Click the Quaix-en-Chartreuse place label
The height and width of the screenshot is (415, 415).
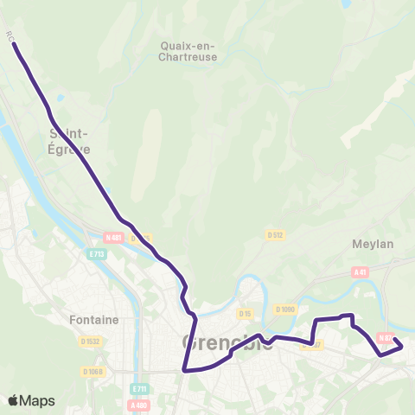[188, 51]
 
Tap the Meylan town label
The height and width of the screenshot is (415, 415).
[373, 244]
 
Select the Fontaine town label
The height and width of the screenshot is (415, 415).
[93, 319]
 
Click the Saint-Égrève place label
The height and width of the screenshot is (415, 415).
[69, 140]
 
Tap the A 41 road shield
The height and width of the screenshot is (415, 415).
[361, 271]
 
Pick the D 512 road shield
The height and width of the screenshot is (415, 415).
[276, 234]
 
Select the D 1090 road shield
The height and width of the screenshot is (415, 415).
[285, 309]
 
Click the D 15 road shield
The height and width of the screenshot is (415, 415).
[246, 314]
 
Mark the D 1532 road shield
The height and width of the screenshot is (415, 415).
[93, 342]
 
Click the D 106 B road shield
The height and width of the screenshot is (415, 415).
[93, 372]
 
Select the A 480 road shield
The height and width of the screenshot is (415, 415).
[138, 405]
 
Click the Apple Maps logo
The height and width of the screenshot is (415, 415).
[31, 400]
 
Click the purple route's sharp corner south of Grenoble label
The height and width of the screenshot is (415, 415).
[185, 370]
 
